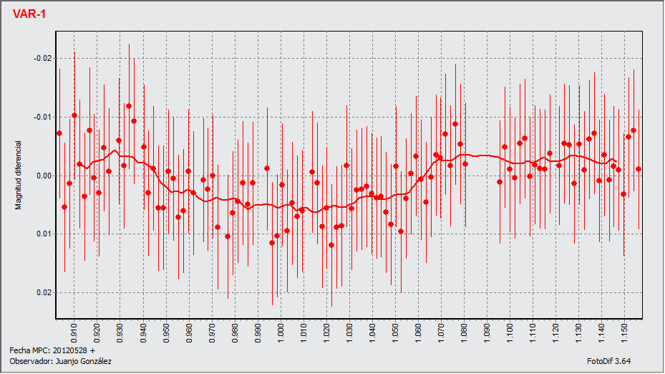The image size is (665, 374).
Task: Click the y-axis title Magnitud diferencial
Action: click(19, 175)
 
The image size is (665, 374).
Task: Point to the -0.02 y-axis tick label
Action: click(42, 58)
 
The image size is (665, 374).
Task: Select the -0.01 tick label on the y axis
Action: click(42, 117)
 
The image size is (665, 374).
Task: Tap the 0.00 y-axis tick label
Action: click(44, 176)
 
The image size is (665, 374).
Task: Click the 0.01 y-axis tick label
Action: click(44, 234)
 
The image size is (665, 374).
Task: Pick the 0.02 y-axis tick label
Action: click(44, 292)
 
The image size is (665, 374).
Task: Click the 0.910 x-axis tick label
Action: click(75, 332)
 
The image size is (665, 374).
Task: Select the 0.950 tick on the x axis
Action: click(167, 332)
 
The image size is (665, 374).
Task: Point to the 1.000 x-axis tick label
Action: click(281, 332)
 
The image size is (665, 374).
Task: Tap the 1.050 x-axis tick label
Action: click(396, 332)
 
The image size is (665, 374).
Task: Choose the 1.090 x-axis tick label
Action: click(487, 332)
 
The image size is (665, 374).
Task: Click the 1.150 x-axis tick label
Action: click(625, 332)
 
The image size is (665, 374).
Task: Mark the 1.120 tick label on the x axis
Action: click(556, 332)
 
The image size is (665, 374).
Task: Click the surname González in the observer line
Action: click(94, 362)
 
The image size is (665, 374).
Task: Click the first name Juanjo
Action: click(64, 362)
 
